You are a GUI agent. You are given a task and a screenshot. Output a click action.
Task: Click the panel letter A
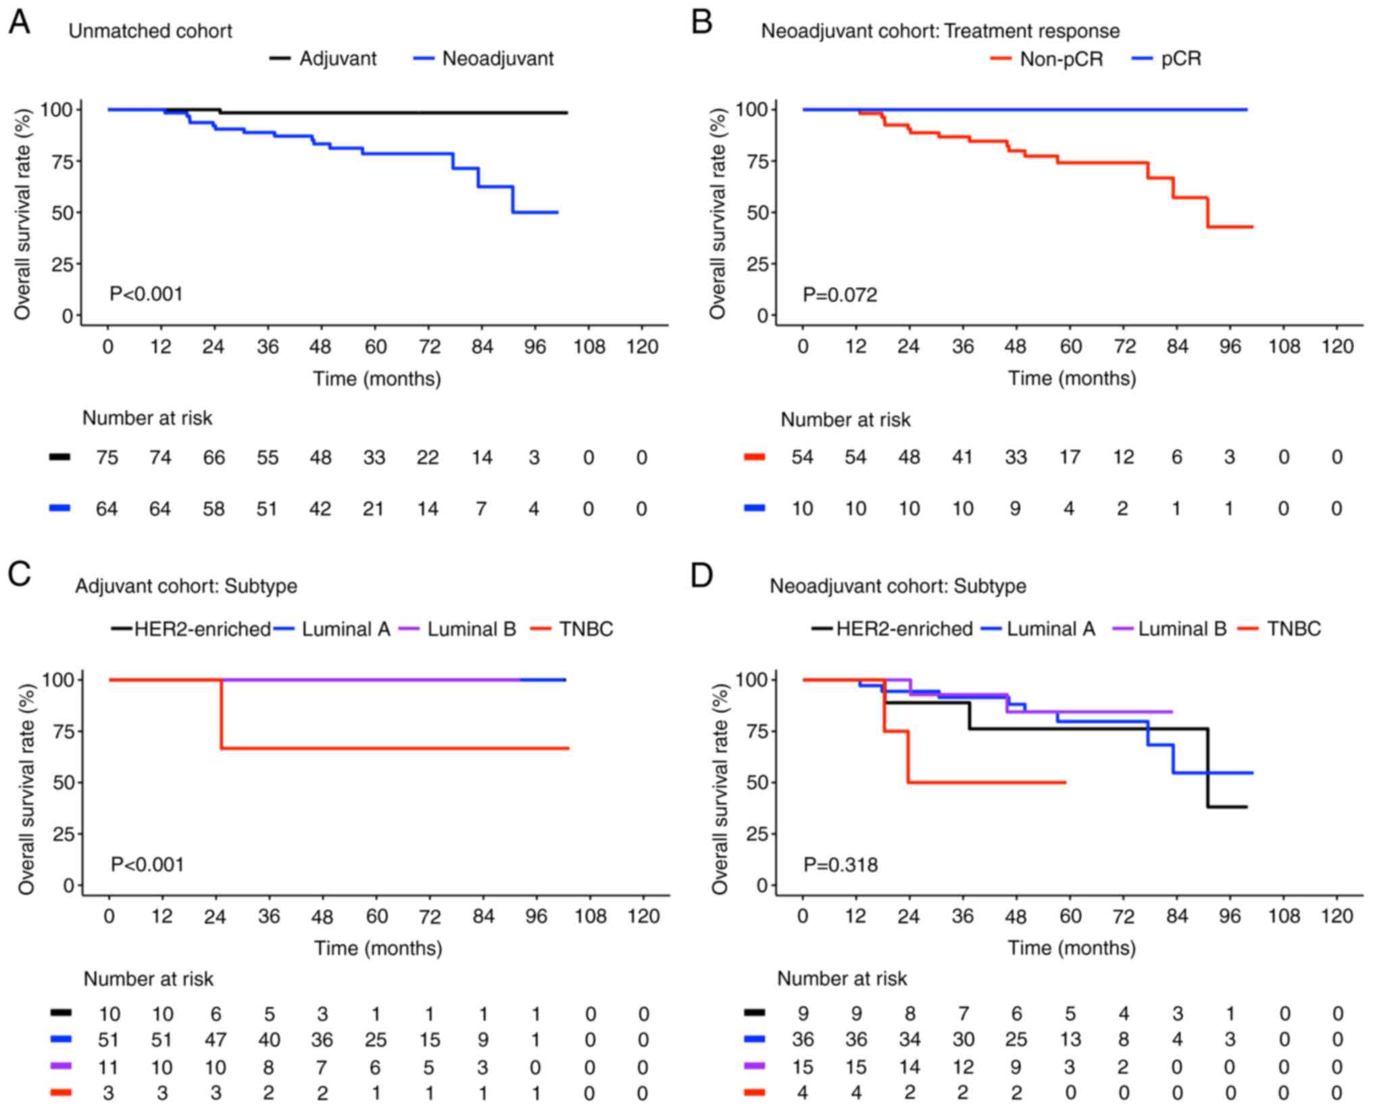tap(19, 22)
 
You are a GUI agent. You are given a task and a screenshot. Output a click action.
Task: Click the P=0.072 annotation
tap(840, 295)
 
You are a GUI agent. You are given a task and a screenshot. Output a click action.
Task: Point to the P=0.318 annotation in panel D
tap(841, 864)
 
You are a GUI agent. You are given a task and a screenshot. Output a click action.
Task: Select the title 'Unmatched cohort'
tap(150, 31)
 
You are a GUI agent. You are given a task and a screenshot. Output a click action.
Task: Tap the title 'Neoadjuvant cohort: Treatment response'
tap(940, 31)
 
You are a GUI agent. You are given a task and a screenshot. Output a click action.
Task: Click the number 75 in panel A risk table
tap(107, 458)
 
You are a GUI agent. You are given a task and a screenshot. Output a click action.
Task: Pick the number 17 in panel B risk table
tap(1069, 458)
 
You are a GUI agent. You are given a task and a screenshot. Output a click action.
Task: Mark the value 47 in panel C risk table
tap(216, 1039)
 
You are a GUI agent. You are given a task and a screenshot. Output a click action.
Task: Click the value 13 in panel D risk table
tap(1069, 1039)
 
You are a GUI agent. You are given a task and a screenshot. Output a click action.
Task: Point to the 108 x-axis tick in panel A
tap(589, 347)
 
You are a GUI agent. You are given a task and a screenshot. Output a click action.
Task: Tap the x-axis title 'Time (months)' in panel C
tap(378, 947)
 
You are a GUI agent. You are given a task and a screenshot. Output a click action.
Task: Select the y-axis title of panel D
tap(719, 788)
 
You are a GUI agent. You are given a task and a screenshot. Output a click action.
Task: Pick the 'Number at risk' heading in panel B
tap(845, 420)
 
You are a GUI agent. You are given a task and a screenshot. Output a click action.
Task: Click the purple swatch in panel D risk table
tap(754, 1066)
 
